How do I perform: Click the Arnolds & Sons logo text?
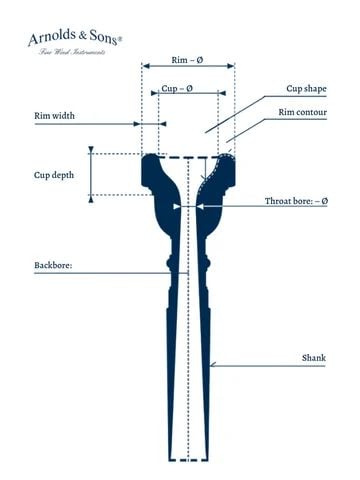[75, 37]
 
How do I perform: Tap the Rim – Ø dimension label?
[187, 60]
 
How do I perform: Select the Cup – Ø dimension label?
[177, 88]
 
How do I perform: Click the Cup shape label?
[306, 89]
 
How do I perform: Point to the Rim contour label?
[302, 112]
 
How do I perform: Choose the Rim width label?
[54, 116]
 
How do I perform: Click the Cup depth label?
[54, 175]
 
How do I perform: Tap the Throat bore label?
[296, 201]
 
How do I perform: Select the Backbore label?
[53, 265]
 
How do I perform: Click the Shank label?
[314, 358]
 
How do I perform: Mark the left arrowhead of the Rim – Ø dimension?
[146, 66]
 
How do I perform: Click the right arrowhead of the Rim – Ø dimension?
[231, 66]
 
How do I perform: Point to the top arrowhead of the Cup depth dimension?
[91, 150]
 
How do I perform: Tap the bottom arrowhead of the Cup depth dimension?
[91, 199]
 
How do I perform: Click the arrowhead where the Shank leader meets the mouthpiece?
[213, 364]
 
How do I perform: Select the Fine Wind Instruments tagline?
[72, 52]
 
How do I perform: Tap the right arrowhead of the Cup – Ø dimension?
[222, 93]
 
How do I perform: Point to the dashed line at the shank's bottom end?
[189, 460]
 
